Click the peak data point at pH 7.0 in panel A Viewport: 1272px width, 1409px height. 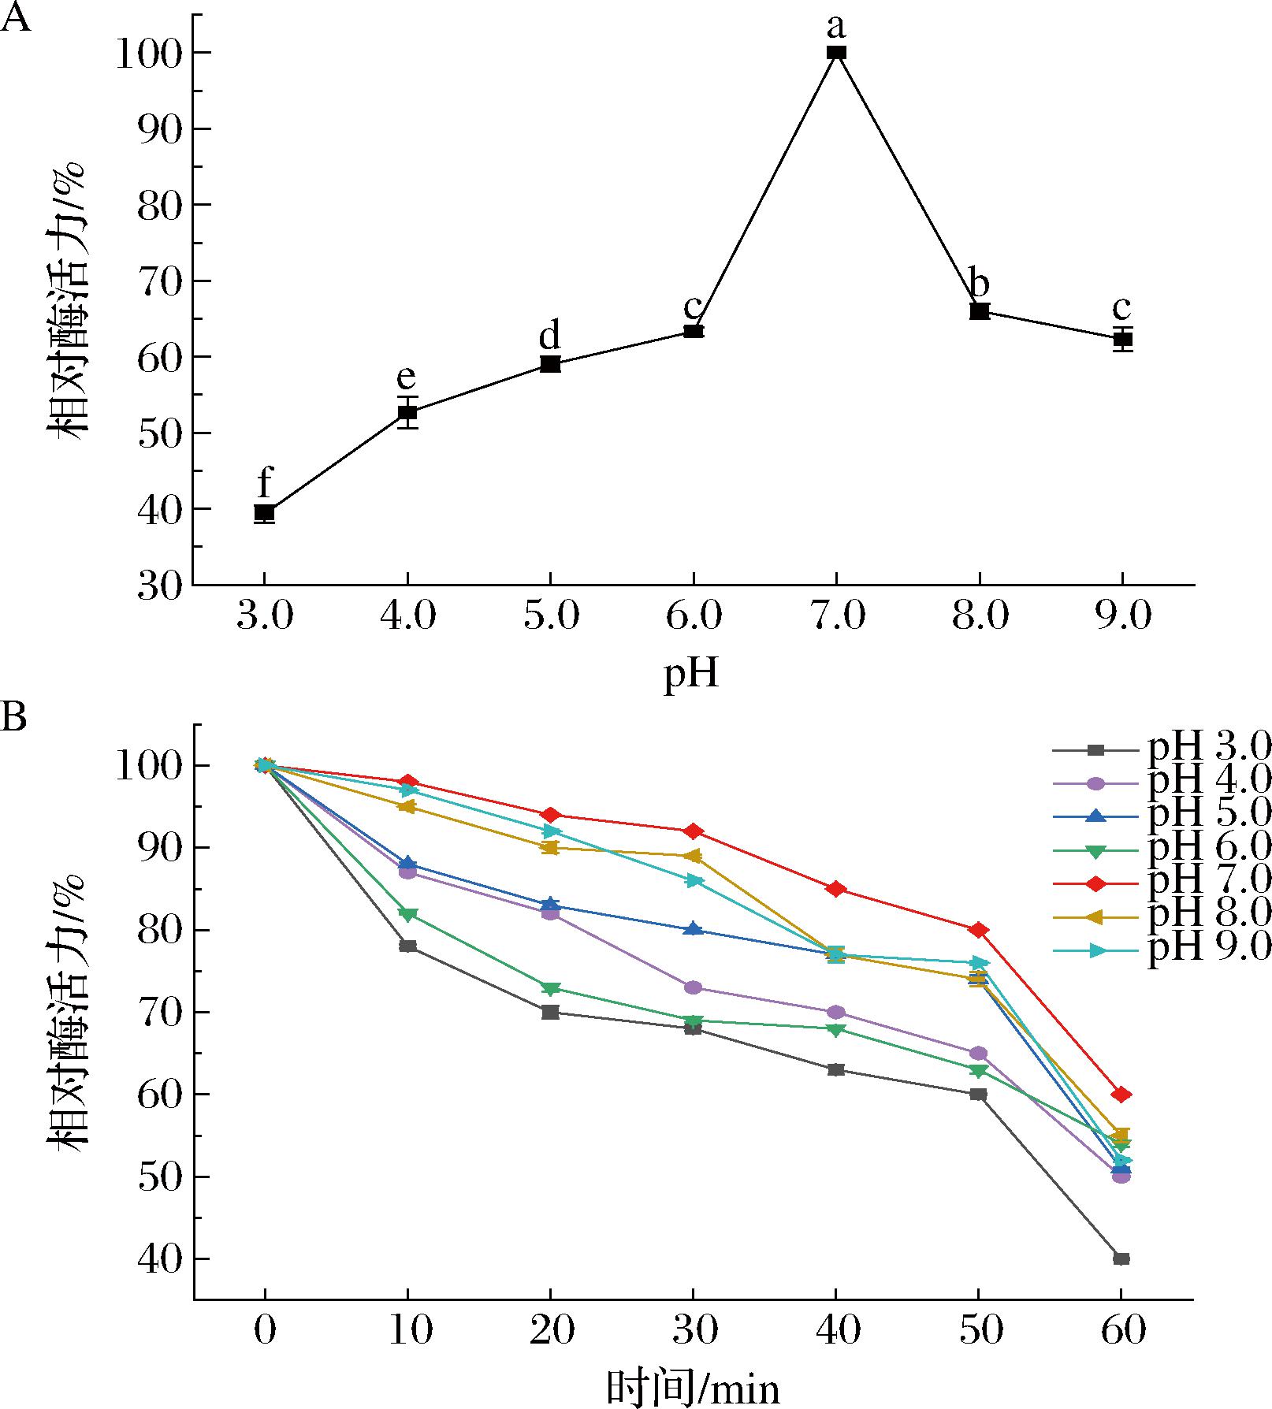(x=836, y=53)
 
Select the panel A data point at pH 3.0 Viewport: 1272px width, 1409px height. (x=265, y=512)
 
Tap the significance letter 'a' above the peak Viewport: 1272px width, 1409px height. (x=836, y=27)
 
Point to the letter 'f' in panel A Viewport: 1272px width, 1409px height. (x=265, y=482)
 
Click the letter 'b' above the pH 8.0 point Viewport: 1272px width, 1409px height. (x=979, y=283)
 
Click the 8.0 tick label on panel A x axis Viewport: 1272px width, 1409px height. (x=979, y=615)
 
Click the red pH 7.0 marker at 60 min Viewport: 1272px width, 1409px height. (x=1121, y=1095)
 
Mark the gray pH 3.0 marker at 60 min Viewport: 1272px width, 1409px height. (x=1121, y=1258)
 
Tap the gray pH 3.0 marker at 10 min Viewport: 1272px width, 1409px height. (x=407, y=946)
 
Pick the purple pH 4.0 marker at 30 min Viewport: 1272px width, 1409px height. (x=693, y=987)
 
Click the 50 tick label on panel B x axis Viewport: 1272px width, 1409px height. (x=979, y=1330)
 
